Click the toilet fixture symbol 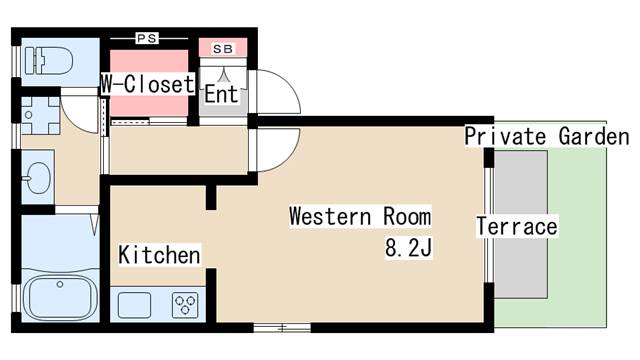click(49, 61)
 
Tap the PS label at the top click(147, 38)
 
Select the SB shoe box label click(223, 49)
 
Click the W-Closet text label click(148, 84)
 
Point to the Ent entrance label click(221, 94)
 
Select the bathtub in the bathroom click(60, 297)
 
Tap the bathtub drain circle click(60, 284)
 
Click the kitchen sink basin click(134, 305)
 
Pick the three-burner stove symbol click(185, 305)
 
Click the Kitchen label click(160, 255)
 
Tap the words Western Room click(360, 216)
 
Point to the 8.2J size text click(408, 247)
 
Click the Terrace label click(517, 227)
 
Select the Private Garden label click(547, 136)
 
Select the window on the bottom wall click(282, 327)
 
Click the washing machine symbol click(40, 116)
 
